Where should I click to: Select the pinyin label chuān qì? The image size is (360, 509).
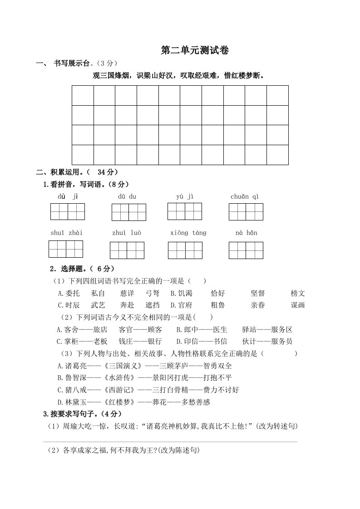(x=245, y=196)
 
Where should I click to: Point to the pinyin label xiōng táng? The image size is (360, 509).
(x=188, y=233)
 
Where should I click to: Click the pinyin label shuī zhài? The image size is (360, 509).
(x=66, y=233)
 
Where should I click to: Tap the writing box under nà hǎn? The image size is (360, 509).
(x=246, y=250)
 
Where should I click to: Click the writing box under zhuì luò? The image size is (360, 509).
(x=127, y=250)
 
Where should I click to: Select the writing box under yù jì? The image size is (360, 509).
(x=185, y=212)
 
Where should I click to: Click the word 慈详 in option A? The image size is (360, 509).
(x=127, y=293)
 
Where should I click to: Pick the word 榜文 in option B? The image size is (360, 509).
(x=298, y=293)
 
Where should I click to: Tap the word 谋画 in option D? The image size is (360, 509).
(x=298, y=305)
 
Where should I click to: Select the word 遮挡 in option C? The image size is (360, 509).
(x=153, y=305)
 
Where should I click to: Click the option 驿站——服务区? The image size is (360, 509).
(x=267, y=329)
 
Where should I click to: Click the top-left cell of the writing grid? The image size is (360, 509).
(x=83, y=95)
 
